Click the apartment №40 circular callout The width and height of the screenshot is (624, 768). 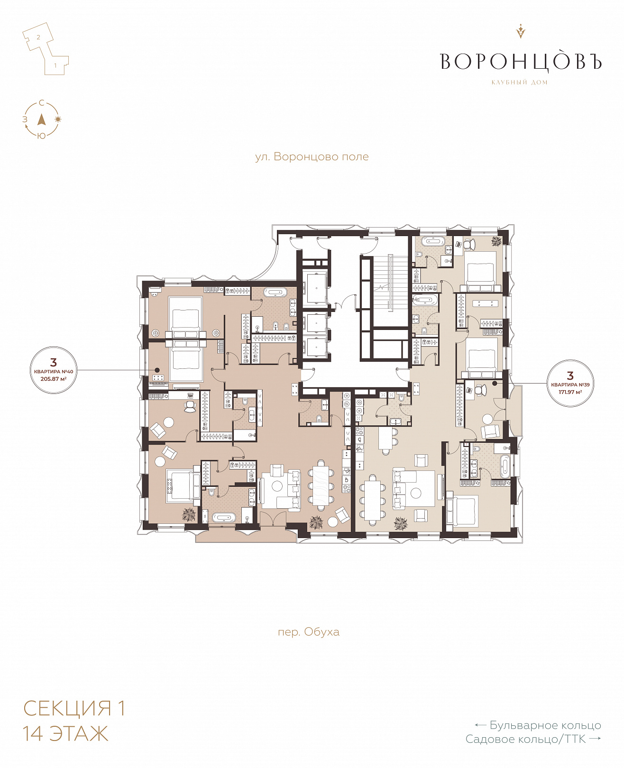54,370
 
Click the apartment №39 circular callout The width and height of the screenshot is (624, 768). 570,383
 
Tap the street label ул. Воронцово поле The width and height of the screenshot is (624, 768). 312,157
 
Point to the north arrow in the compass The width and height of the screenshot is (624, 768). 42,119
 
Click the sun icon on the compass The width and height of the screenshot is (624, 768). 58,119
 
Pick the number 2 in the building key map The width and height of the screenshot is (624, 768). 38,37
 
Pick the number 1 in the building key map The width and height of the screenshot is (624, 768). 55,65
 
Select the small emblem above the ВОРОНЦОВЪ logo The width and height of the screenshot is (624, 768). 520,31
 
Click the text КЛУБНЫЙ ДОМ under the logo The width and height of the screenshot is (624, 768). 519,82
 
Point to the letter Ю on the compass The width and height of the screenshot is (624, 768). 42,136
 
